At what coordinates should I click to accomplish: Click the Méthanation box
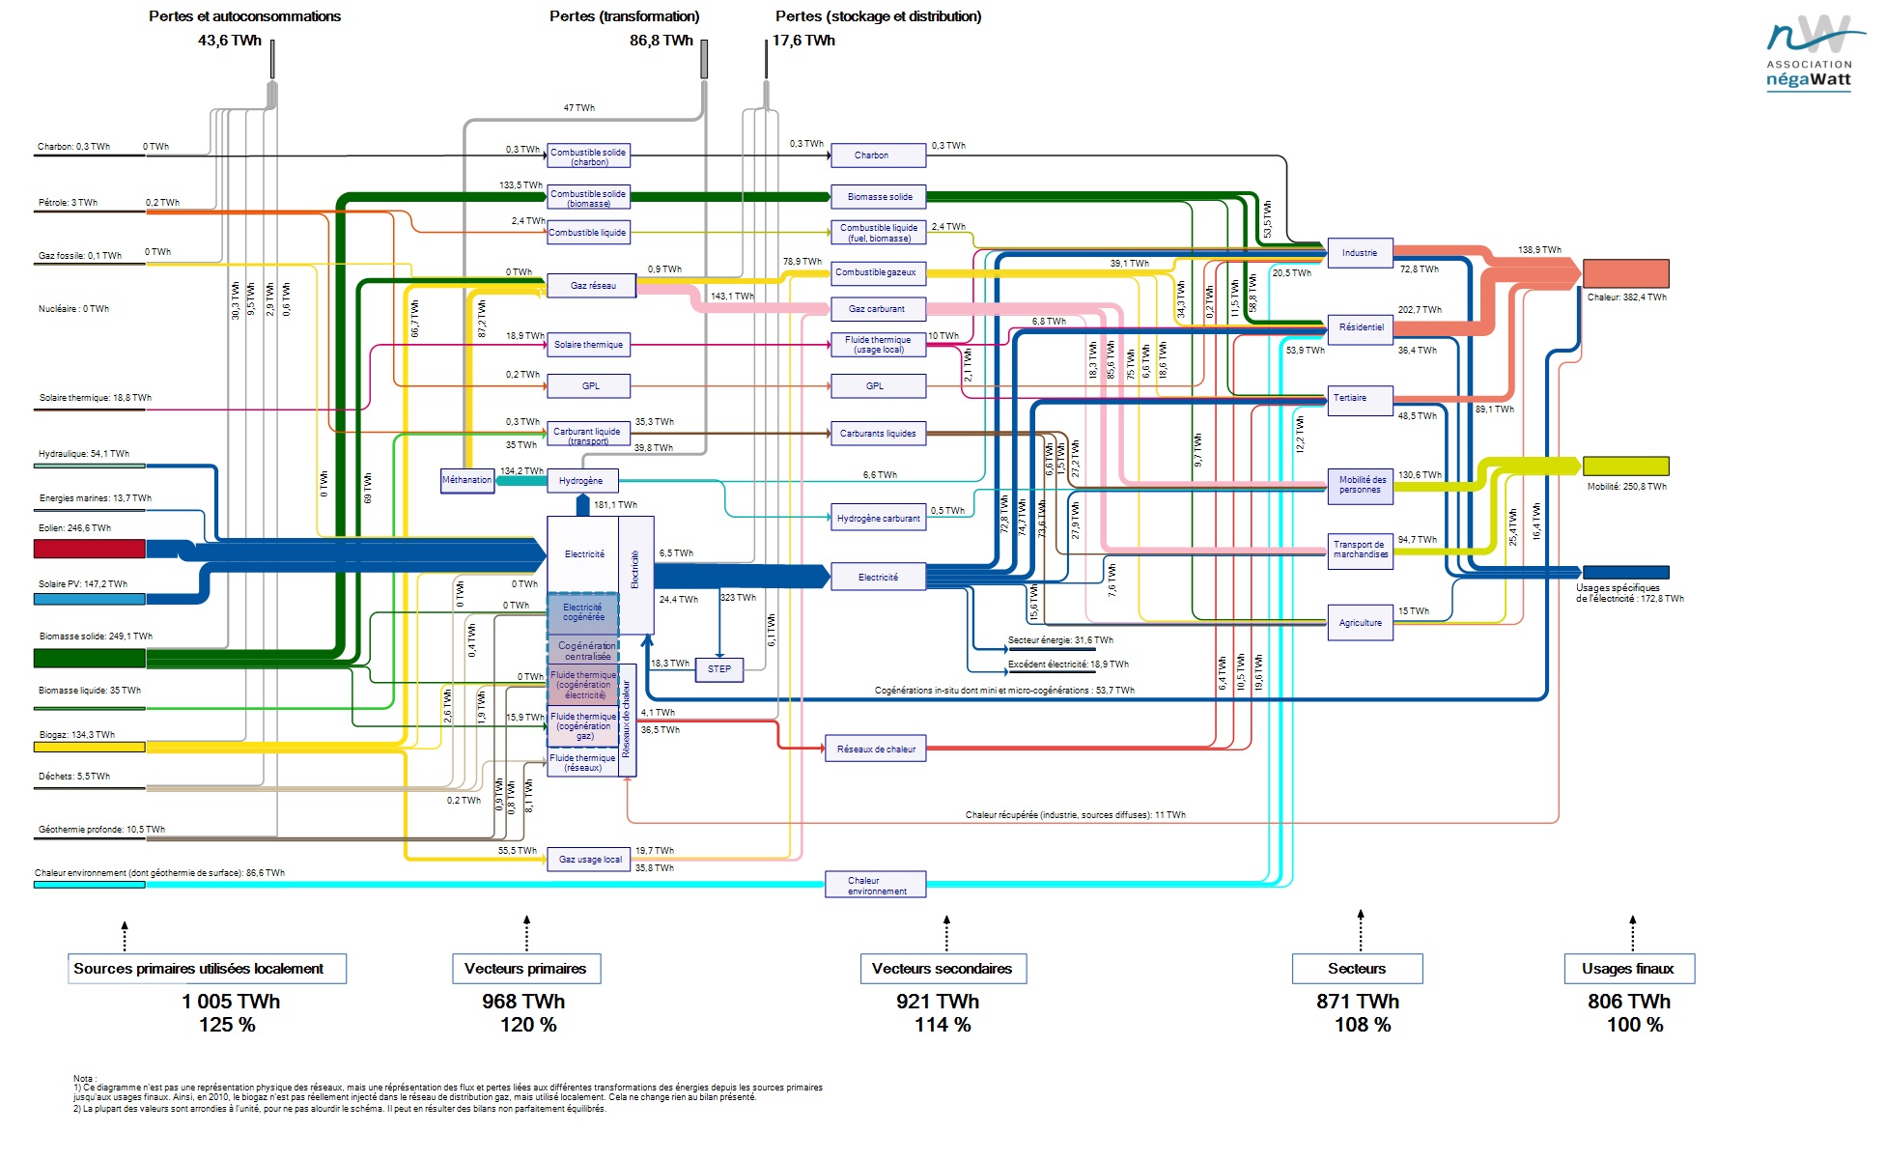tap(467, 480)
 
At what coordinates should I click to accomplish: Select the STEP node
tap(719, 669)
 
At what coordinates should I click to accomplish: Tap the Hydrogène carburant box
tap(878, 519)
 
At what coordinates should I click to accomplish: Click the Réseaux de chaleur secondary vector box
tap(876, 750)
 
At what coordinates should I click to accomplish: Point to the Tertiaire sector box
tap(1360, 399)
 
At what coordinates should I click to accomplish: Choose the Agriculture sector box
tap(1360, 623)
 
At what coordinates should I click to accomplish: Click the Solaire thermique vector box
tap(588, 345)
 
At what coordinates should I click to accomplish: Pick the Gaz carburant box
tap(878, 309)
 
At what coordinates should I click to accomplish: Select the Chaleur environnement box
tap(876, 885)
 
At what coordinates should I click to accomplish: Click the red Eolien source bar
tap(89, 549)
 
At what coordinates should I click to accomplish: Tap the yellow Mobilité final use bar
tap(1625, 466)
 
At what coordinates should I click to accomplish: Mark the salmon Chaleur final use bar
tap(1625, 273)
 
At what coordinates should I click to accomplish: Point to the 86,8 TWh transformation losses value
tap(662, 41)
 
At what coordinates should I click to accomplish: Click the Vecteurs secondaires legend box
tap(943, 969)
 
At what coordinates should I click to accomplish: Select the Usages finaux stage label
tap(1628, 969)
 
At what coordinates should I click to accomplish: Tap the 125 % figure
tap(227, 1025)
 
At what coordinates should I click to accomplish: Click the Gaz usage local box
tap(589, 860)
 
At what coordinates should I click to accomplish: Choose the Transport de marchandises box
tap(1360, 550)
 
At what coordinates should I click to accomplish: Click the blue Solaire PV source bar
tap(89, 599)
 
